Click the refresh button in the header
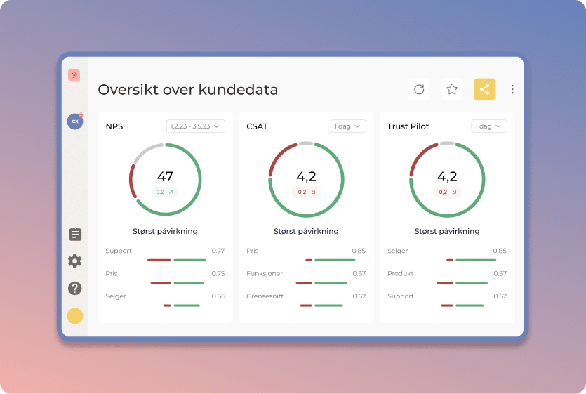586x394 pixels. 419,89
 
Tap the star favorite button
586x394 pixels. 452,89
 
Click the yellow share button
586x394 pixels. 484,89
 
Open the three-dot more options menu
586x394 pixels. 512,89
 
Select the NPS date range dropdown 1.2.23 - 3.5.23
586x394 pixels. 195,126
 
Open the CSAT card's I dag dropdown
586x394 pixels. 348,126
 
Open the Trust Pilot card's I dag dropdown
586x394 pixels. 489,126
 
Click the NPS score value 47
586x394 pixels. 165,177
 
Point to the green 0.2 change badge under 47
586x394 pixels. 165,192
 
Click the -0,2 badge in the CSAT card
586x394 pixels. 306,192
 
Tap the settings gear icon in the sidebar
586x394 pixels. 75,261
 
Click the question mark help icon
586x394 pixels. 75,288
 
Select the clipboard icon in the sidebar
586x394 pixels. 75,235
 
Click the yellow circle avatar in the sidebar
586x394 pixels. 75,316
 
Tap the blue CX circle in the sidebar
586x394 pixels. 74,122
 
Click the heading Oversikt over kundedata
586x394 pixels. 187,90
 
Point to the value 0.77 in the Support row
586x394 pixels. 218,251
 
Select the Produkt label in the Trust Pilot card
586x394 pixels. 400,274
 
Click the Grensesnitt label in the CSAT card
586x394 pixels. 265,296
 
